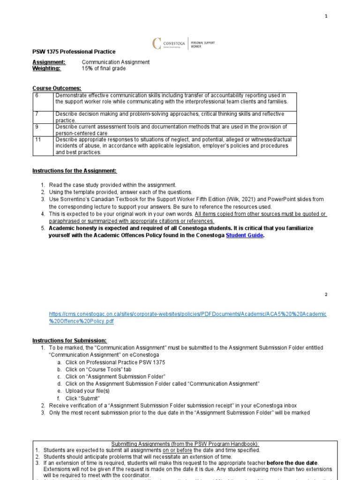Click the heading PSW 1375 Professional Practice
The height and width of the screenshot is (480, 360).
[74, 52]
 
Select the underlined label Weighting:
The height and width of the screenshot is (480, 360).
[46, 68]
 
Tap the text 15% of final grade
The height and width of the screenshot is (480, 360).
[104, 68]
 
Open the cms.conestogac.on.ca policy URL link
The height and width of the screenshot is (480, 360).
[187, 317]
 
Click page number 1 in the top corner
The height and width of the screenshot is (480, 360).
[327, 16]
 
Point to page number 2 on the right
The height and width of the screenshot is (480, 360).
[327, 294]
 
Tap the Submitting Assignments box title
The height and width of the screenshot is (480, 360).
[185, 444]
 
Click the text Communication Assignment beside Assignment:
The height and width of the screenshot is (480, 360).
[116, 62]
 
